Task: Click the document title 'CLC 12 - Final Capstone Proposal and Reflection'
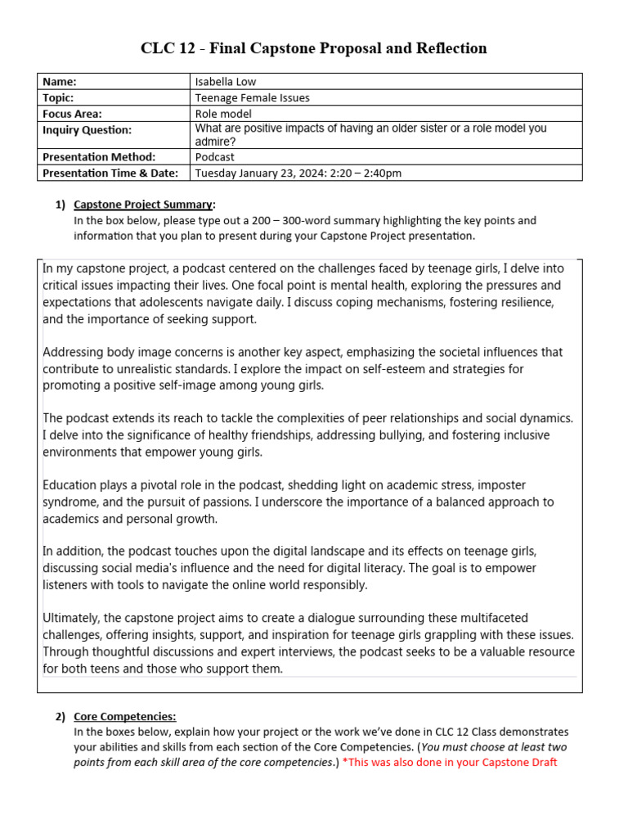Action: pyautogui.click(x=314, y=48)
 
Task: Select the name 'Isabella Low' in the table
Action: pyautogui.click(x=225, y=81)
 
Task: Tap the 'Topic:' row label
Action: pyautogui.click(x=58, y=97)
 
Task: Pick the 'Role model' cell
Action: pyautogui.click(x=223, y=114)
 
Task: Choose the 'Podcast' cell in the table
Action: pyautogui.click(x=214, y=156)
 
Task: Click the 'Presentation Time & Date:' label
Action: pyautogui.click(x=110, y=173)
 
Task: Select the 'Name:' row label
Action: pyautogui.click(x=59, y=81)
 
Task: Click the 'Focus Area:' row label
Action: pyautogui.click(x=72, y=114)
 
